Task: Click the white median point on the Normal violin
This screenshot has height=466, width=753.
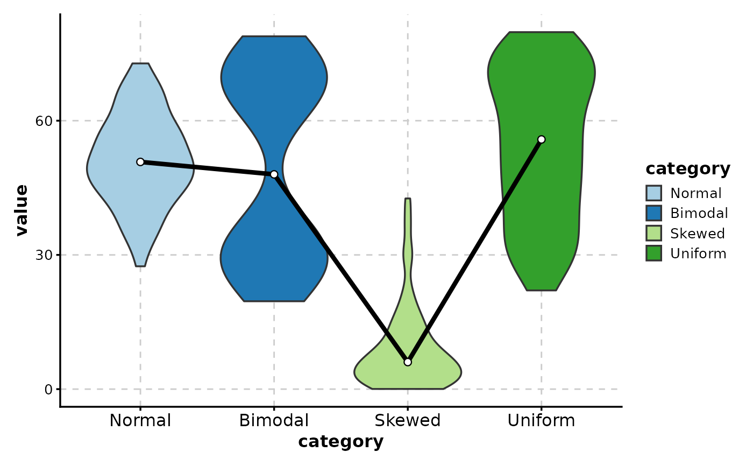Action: coord(140,162)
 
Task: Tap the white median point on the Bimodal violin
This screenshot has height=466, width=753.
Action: coord(274,174)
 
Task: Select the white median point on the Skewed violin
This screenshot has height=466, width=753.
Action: coord(408,362)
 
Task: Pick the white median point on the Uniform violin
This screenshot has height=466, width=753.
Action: coord(542,139)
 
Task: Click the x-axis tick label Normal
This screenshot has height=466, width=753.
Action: coord(140,421)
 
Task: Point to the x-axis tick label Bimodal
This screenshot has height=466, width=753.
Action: coord(274,421)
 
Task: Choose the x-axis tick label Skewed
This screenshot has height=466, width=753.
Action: coord(408,421)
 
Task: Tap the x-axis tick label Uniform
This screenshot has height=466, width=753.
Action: coord(542,421)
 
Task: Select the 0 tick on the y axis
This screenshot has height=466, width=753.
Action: coord(47,389)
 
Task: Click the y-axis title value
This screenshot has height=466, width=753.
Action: coord(22,210)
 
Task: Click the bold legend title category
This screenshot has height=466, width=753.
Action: coord(688,169)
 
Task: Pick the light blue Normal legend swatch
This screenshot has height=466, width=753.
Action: coord(655,193)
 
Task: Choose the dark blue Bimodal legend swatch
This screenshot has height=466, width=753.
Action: coord(655,213)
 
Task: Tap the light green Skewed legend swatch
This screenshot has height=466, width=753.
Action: coord(655,234)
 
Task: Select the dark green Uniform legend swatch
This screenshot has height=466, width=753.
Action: coord(655,253)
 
